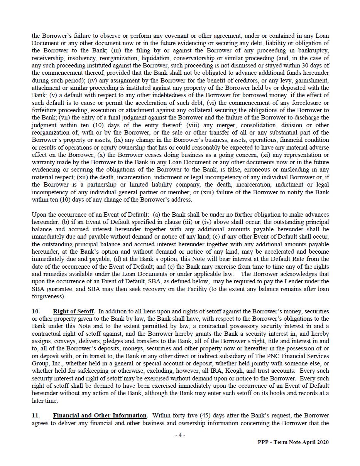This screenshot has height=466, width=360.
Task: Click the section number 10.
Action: tap(36, 311)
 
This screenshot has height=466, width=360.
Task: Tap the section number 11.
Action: tap(36, 416)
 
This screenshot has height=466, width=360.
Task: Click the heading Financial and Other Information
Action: tap(100, 416)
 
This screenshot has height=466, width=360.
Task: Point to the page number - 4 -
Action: tap(180, 435)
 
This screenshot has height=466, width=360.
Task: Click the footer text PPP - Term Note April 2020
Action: tap(293, 442)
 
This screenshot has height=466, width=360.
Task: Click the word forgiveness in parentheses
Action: tap(49, 296)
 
